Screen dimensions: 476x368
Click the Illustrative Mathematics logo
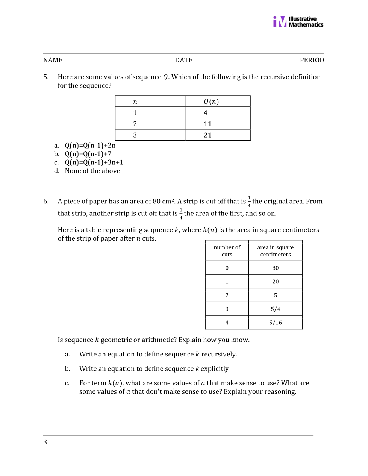click(x=298, y=21)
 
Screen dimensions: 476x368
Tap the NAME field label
click(x=53, y=60)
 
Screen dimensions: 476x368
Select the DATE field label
click(x=183, y=60)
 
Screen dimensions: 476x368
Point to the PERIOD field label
click(x=312, y=60)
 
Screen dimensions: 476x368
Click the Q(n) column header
click(x=211, y=102)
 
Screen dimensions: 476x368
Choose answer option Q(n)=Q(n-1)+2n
click(x=90, y=146)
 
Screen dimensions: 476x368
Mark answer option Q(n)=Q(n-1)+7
click(x=88, y=154)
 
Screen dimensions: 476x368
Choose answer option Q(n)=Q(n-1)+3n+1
click(x=94, y=162)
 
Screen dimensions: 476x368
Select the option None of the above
click(x=92, y=171)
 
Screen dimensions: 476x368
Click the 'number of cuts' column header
click(x=227, y=251)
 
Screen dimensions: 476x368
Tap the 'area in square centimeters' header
click(x=276, y=251)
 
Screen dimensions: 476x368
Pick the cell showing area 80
click(x=276, y=268)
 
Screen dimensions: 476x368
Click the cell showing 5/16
click(x=276, y=323)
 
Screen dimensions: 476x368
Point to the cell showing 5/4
click(x=276, y=309)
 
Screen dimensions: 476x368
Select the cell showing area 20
click(x=276, y=282)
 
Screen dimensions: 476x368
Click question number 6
click(x=46, y=202)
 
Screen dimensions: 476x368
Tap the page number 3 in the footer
click(x=45, y=442)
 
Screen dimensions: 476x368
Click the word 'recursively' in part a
click(x=219, y=354)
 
